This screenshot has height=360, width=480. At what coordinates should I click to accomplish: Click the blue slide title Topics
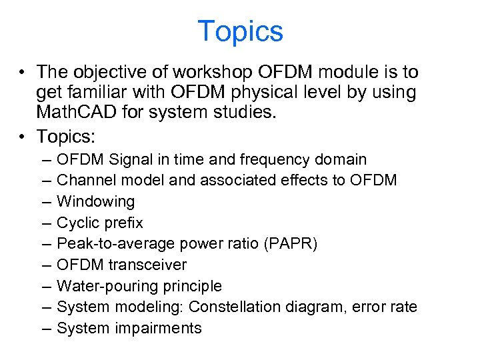[x=240, y=31]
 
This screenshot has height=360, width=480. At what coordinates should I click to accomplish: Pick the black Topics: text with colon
[x=67, y=136]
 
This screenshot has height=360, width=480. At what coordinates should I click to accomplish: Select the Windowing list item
[x=95, y=201]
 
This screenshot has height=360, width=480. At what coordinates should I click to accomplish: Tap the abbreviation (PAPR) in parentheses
[x=291, y=243]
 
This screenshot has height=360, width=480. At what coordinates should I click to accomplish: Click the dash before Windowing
[x=44, y=201]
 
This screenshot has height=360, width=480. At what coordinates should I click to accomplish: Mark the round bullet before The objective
[x=23, y=72]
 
